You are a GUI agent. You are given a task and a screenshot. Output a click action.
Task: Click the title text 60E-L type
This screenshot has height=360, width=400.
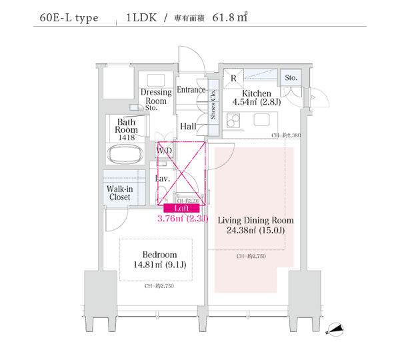click(x=69, y=17)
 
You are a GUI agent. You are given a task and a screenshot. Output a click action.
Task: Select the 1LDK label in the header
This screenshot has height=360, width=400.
click(x=141, y=17)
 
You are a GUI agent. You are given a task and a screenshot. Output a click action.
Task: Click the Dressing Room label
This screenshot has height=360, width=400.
click(x=156, y=97)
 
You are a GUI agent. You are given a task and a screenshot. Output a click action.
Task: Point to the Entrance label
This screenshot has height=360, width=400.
click(x=191, y=90)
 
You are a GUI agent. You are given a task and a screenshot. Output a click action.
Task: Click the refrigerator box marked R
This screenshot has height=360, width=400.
click(x=233, y=78)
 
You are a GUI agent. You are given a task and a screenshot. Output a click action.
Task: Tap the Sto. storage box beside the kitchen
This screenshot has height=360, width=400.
click(x=291, y=78)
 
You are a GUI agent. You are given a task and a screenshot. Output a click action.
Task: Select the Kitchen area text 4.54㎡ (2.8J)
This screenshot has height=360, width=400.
click(x=256, y=103)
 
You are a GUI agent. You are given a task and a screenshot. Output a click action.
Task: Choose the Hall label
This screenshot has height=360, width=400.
click(x=187, y=126)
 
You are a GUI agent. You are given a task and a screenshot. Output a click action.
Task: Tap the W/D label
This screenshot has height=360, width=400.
click(x=164, y=151)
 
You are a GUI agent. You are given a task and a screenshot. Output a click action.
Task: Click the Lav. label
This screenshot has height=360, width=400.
click(x=163, y=179)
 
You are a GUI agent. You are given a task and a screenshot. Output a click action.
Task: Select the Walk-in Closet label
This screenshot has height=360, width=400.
click(x=119, y=193)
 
